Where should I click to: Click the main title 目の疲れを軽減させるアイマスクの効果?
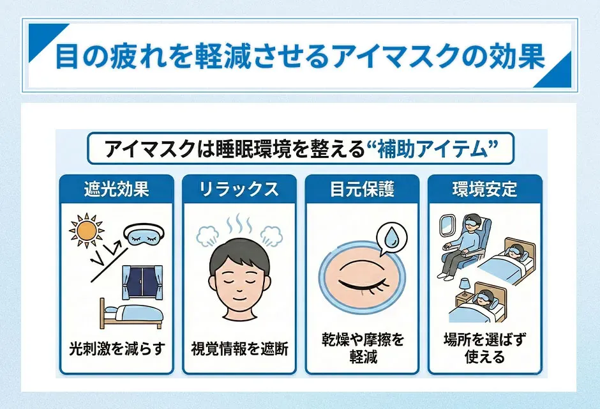(300, 56)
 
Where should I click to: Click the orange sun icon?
(86, 229)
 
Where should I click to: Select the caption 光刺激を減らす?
(117, 349)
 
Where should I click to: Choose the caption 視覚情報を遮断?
(239, 349)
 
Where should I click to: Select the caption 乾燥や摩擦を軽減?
(362, 348)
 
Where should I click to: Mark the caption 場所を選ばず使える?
(484, 348)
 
